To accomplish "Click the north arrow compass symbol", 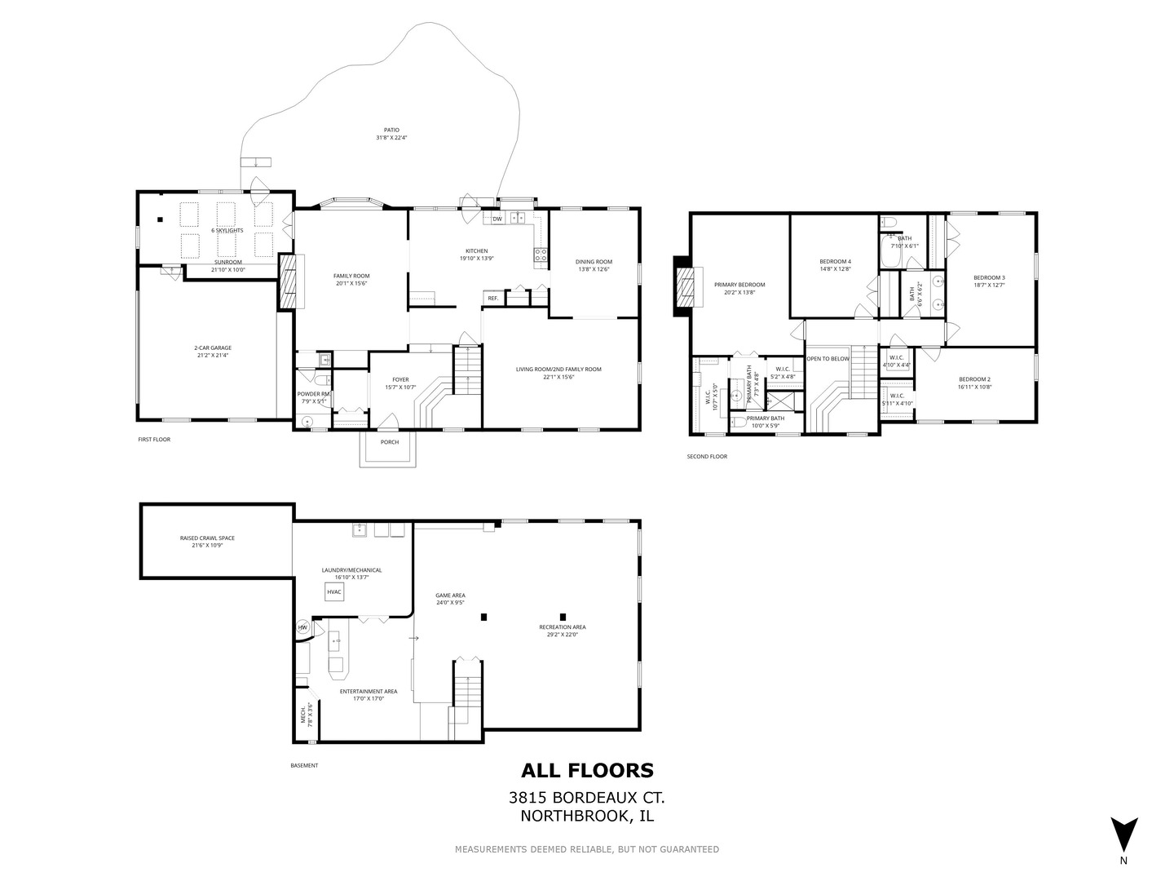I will [1123, 834].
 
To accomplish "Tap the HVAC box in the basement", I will [334, 592].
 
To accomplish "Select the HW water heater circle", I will [302, 627].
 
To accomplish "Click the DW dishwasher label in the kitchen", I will [497, 219].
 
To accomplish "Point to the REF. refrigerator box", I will [493, 299].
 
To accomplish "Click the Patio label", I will [391, 130].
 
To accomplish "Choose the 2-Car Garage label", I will [213, 348].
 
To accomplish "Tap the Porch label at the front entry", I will [389, 442].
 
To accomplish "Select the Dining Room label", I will [594, 262].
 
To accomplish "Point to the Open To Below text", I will [828, 359].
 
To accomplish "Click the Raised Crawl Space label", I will [207, 538].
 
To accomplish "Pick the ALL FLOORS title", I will [587, 770].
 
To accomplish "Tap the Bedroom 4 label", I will [835, 261].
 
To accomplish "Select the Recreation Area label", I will [562, 627].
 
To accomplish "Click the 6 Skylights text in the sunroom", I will [227, 230].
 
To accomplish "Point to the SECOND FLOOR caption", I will [707, 457].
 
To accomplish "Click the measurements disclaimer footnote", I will [587, 849].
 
